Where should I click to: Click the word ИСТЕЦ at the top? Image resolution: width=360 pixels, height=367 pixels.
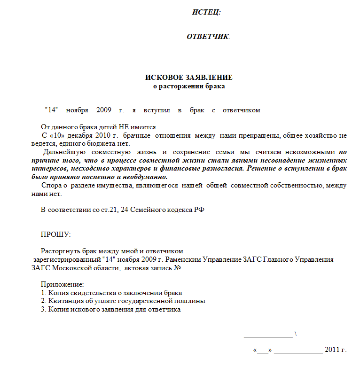click(206, 12)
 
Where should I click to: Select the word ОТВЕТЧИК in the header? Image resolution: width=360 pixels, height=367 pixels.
click(207, 37)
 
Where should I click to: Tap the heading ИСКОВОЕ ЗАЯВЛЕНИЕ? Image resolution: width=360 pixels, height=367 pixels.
click(188, 78)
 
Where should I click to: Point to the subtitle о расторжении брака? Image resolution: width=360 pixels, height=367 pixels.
click(189, 86)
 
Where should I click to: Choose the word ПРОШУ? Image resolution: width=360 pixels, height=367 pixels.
click(55, 234)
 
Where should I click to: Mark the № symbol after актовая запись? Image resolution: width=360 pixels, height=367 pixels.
click(178, 268)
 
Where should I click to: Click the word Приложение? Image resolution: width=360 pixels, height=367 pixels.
click(62, 285)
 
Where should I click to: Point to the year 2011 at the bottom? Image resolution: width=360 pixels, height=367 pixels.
click(332, 351)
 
